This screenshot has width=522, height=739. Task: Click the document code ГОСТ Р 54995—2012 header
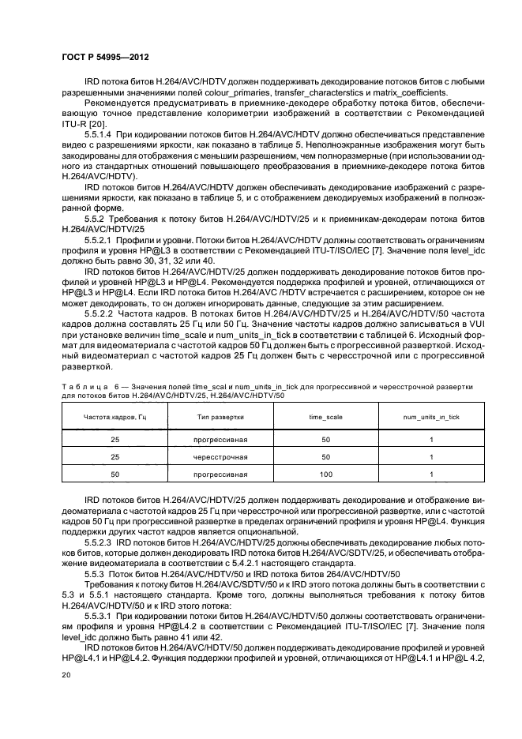click(107, 58)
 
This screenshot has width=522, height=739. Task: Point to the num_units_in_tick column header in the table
click(431, 415)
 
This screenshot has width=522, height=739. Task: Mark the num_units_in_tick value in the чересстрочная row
click(431, 456)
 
